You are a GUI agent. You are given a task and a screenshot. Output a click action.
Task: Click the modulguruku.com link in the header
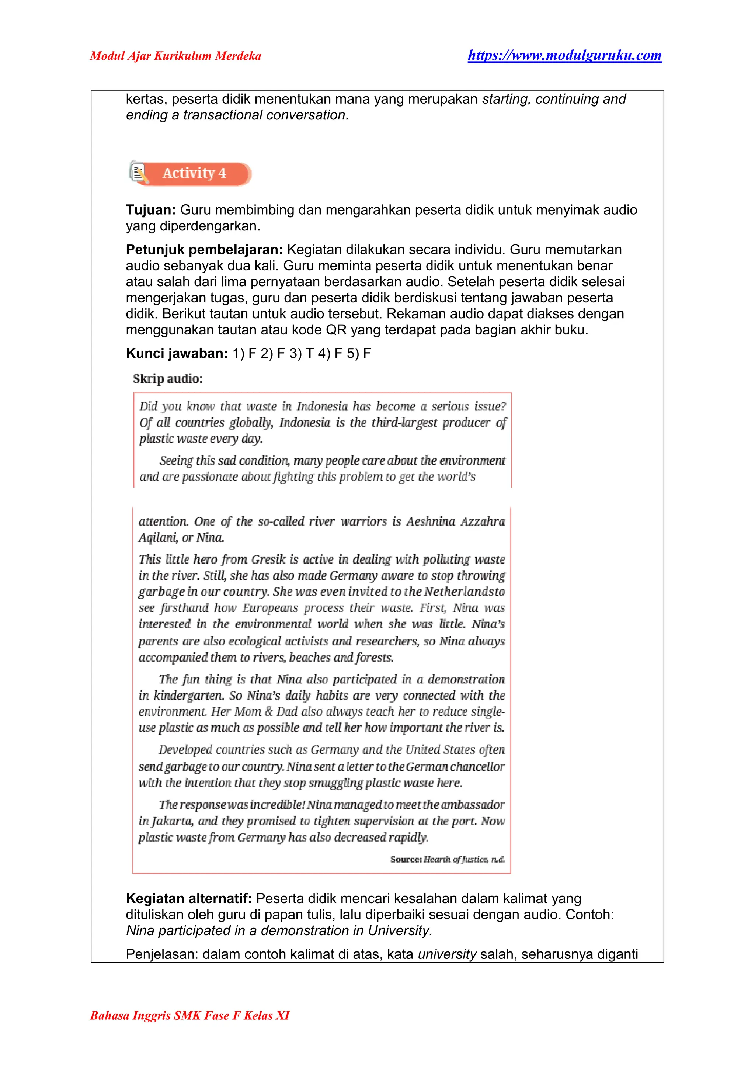click(x=564, y=55)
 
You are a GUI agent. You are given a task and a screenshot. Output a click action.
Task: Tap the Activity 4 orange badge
click(x=194, y=173)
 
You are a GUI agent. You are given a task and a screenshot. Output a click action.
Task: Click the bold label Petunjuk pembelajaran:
click(x=204, y=250)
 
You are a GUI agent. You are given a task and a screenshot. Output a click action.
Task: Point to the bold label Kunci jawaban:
click(x=177, y=354)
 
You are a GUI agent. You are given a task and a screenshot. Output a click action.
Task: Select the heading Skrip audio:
click(x=168, y=379)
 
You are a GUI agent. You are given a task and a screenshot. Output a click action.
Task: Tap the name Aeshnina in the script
click(x=431, y=521)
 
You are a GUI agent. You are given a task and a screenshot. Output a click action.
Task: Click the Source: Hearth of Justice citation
click(x=447, y=859)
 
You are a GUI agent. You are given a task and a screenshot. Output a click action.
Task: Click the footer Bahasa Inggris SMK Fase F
click(x=190, y=1015)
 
